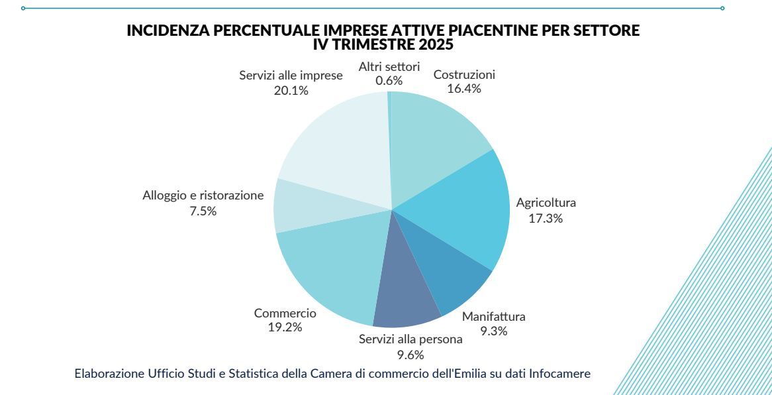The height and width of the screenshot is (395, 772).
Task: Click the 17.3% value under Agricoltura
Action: [546, 218]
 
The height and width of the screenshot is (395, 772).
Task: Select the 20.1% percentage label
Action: [291, 91]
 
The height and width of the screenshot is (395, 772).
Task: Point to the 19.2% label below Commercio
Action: [285, 327]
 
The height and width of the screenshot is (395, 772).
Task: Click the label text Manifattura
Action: [493, 316]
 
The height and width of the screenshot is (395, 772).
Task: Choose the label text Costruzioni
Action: [464, 74]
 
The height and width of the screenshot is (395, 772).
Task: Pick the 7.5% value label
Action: [203, 211]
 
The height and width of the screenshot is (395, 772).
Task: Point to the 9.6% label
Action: [410, 355]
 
